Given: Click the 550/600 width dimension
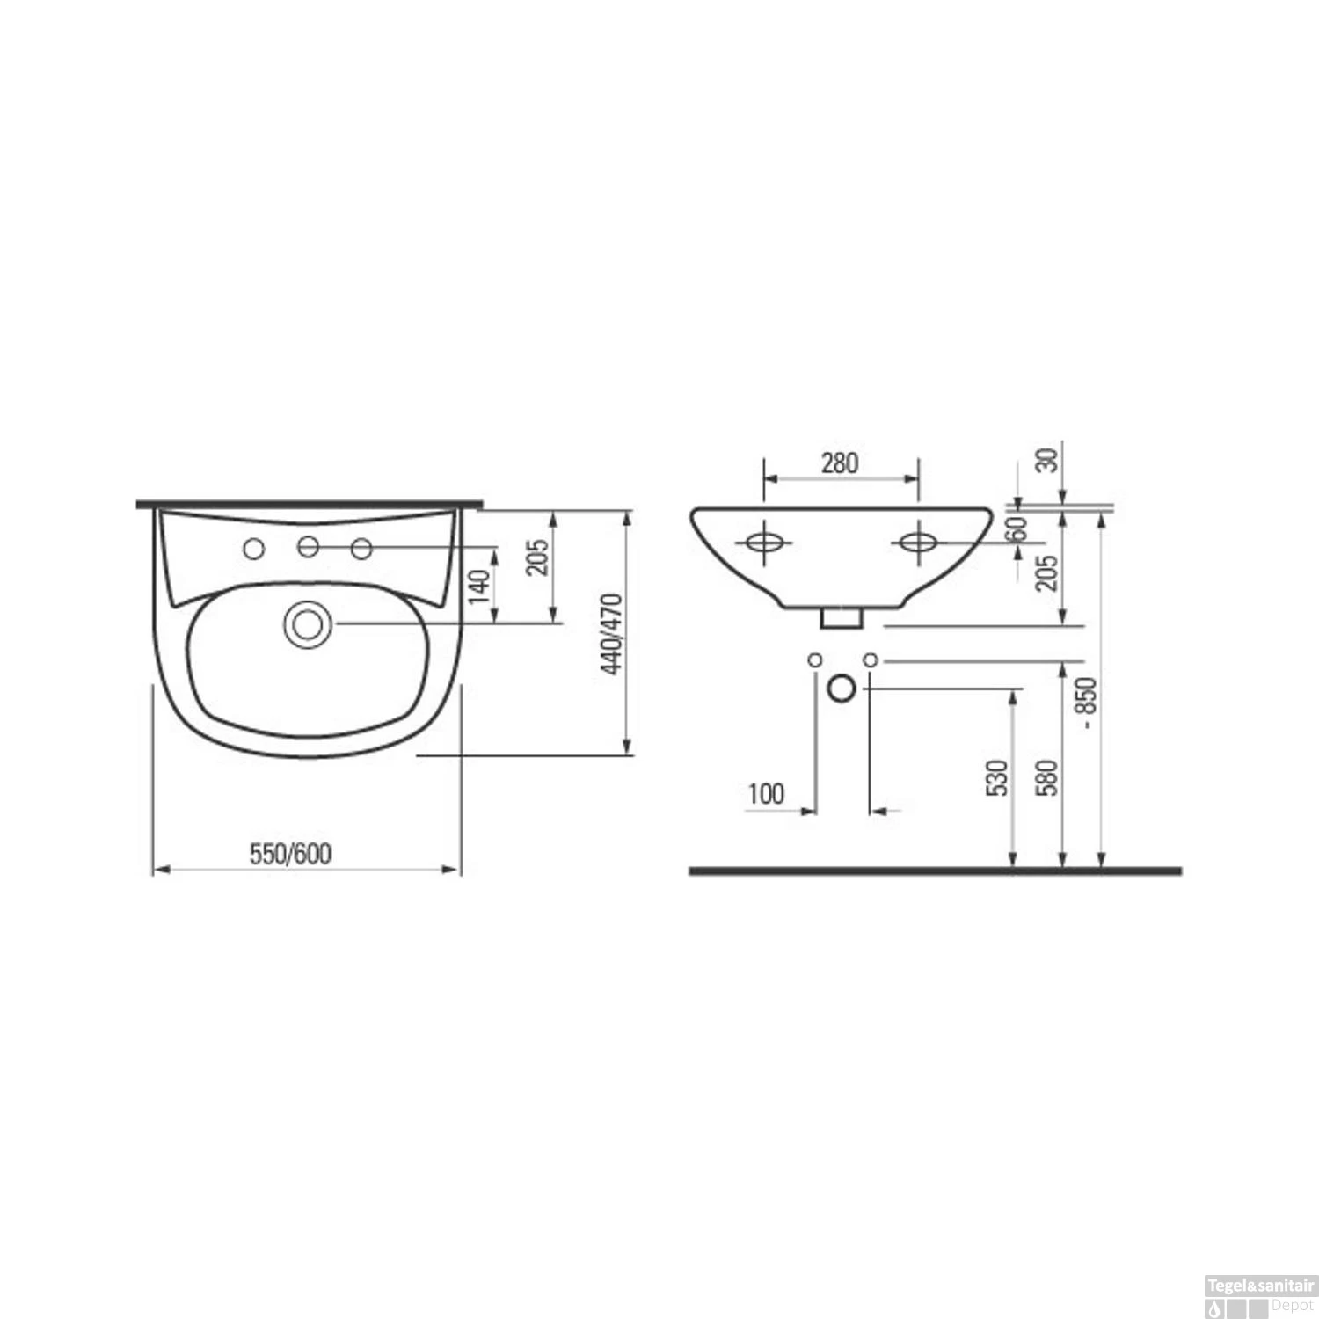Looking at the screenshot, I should pos(290,854).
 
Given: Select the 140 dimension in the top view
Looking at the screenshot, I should pos(478,586).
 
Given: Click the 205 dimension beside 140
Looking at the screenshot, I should pos(537,557).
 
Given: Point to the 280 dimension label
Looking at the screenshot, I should pos(840,463).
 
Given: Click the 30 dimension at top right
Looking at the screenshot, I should pos(1047,460).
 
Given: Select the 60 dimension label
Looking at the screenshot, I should pos(1017,529).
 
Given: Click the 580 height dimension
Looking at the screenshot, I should pos(1046,777).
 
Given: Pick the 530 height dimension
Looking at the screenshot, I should pos(996,777).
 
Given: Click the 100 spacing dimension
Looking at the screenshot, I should pos(766,794).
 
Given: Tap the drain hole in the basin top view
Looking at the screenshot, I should pos(307,624).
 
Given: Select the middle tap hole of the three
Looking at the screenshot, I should pos(308,547).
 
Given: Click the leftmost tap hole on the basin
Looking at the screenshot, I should pos(253,550).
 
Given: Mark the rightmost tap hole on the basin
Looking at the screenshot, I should pos(361,550).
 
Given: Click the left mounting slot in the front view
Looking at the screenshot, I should pos(764,543).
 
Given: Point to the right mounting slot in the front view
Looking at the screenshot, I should pos(918,543).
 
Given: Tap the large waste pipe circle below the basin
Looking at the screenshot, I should pos(842,688).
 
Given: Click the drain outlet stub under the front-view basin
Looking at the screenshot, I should pos(841,617).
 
